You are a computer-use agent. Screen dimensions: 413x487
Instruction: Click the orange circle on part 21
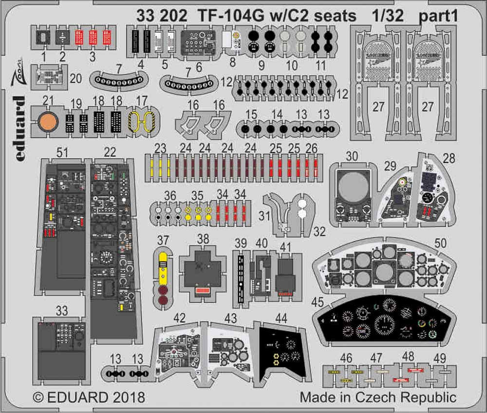tap(47, 122)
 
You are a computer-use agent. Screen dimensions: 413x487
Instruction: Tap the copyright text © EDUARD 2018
tap(89, 397)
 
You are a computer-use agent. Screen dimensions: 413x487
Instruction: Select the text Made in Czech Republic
tap(378, 397)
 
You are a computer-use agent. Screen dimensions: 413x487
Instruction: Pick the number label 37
tap(163, 239)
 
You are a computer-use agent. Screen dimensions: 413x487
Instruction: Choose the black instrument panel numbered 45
tap(385, 319)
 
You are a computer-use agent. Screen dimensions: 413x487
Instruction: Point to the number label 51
tap(62, 153)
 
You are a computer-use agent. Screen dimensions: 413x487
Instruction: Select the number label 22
tap(110, 153)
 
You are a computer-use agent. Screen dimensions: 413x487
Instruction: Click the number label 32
tap(319, 232)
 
